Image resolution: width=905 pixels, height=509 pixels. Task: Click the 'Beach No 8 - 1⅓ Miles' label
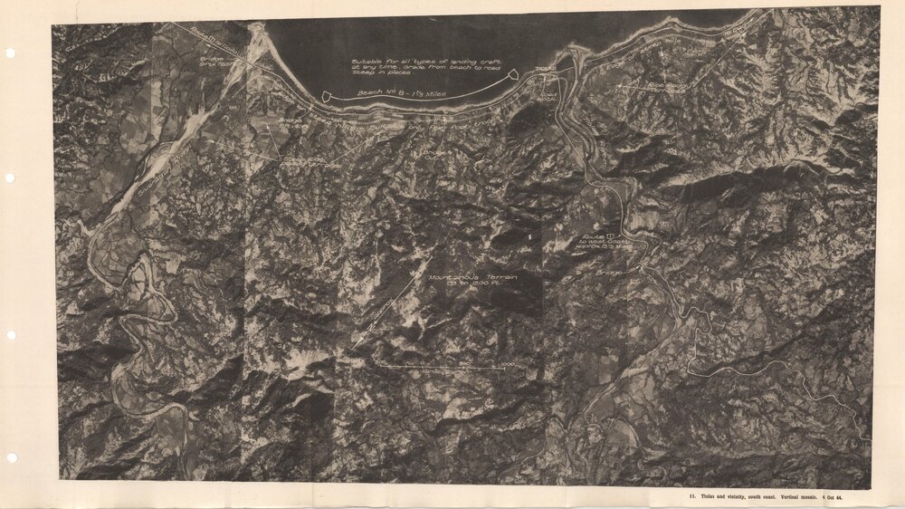click(392, 93)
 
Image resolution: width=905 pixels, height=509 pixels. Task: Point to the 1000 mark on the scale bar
click(506, 365)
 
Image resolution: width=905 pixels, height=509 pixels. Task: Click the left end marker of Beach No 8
click(327, 95)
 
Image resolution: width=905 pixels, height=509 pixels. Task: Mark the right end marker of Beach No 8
click(513, 73)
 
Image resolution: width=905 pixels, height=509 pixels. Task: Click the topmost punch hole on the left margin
click(10, 53)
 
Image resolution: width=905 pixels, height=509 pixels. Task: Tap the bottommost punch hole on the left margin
click(10, 458)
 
